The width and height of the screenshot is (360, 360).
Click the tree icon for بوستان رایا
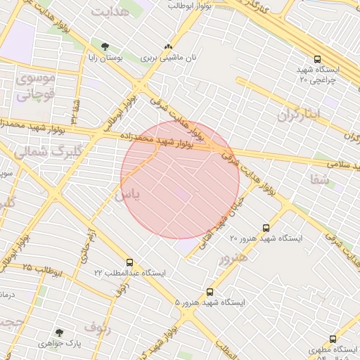[105, 46]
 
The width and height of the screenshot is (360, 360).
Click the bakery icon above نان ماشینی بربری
[167, 46]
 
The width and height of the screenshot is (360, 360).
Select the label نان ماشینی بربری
[168, 59]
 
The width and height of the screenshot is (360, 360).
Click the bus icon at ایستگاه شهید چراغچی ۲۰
[318, 60]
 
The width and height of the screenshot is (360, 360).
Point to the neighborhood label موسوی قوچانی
[34, 87]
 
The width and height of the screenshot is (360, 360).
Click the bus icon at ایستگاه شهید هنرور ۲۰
[266, 227]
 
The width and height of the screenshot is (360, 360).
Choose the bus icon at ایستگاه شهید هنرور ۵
[210, 292]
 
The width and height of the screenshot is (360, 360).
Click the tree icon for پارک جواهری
[59, 332]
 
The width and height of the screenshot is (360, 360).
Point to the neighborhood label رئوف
[98, 326]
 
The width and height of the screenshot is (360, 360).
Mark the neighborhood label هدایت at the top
[110, 12]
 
